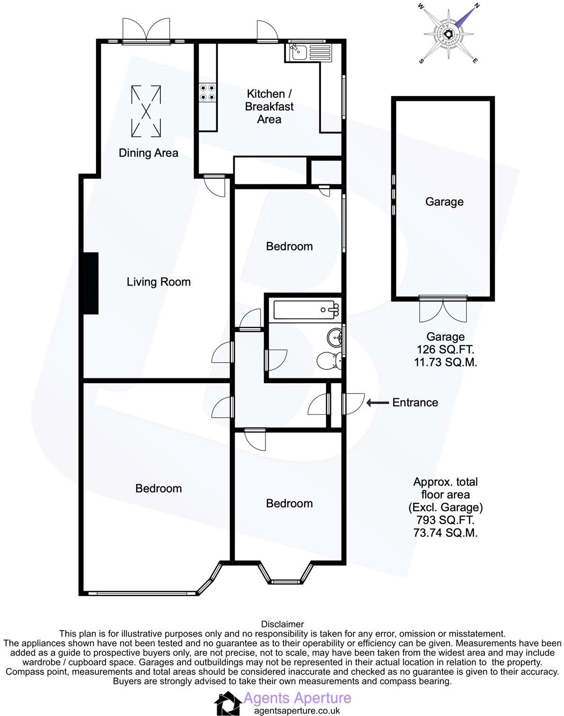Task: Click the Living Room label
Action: coord(159,282)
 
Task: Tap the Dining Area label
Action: coord(148,153)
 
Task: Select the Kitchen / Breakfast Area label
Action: coord(269,107)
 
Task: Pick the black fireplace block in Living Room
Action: coord(91,283)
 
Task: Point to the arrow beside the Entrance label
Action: coord(377,403)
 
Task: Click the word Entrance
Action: coord(415,403)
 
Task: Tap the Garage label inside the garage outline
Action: coord(444,202)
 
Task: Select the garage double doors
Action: coord(443,308)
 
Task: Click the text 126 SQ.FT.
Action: coord(445,350)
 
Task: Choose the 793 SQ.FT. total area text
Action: coord(445,520)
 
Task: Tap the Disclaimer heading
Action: coord(282,624)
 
